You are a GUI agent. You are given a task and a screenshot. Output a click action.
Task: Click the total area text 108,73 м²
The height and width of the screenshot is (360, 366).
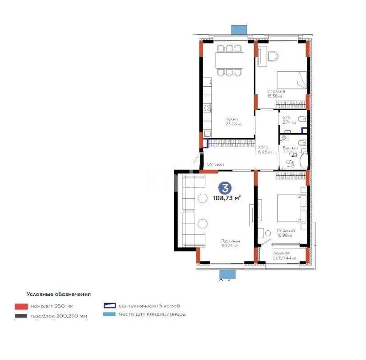pos(226,197)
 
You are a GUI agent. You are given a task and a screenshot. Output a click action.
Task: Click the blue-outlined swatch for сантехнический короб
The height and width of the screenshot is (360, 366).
pos(110,306)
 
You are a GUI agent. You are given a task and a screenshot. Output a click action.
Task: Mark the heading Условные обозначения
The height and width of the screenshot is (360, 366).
pos(59,294)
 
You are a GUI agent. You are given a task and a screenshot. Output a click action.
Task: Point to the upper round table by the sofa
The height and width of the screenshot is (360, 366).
pos(202,198)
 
